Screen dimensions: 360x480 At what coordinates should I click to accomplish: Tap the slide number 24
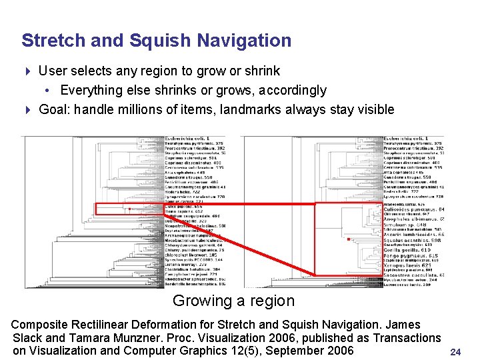[x=456, y=351]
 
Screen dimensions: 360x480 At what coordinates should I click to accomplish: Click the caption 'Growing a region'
[x=233, y=301]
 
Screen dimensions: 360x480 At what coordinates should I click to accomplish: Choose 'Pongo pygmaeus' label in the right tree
[x=408, y=255]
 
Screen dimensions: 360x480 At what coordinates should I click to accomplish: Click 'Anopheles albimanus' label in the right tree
[x=411, y=219]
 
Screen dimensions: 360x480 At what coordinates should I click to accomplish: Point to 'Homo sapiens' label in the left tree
[x=180, y=211]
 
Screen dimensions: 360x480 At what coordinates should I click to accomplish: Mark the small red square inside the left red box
[x=129, y=209]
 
